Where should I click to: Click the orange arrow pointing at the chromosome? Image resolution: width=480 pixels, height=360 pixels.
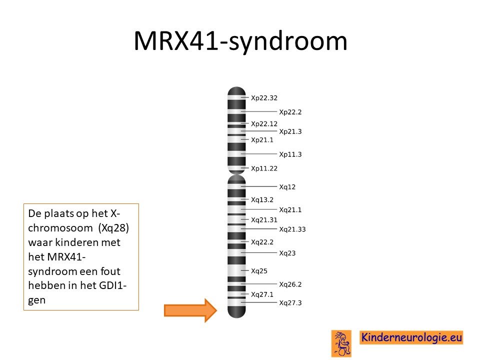click(x=190, y=310)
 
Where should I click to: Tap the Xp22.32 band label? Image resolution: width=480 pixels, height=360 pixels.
click(x=264, y=98)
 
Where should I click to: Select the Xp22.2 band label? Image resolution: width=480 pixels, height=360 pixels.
click(x=290, y=112)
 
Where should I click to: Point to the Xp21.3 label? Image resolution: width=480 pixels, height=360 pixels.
click(x=290, y=131)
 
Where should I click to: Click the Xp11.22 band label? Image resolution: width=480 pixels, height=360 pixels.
click(x=264, y=168)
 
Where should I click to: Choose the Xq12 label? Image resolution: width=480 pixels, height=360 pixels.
click(x=287, y=187)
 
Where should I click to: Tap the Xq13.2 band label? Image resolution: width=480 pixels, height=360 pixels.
click(x=262, y=200)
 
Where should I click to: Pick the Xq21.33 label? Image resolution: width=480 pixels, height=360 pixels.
click(x=292, y=229)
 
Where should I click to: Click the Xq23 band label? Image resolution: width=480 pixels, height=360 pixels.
click(x=287, y=253)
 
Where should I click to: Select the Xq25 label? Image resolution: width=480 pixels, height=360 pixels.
click(x=259, y=271)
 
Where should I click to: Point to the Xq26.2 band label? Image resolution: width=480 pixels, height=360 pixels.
click(x=290, y=284)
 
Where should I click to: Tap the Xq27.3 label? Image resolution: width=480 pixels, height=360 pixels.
click(x=290, y=303)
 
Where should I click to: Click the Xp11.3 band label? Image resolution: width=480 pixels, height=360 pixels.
click(x=290, y=154)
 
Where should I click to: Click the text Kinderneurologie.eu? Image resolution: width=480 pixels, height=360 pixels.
click(x=411, y=337)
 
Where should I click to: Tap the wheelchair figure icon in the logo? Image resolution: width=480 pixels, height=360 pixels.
click(x=341, y=343)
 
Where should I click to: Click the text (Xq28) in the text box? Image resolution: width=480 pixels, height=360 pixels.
click(x=113, y=228)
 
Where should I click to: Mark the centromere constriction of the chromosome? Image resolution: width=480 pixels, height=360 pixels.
click(x=236, y=174)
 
